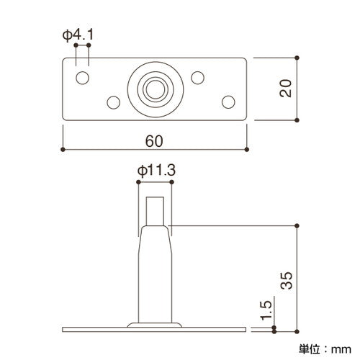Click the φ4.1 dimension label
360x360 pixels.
[78, 35]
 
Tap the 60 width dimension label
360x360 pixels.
[154, 141]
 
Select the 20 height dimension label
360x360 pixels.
[286, 88]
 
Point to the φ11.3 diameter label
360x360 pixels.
[156, 171]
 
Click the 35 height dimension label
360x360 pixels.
[287, 280]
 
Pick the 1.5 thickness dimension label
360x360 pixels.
[266, 310]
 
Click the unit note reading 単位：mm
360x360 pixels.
[325, 349]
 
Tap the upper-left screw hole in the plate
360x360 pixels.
[82, 78]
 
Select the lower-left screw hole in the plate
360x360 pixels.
[113, 102]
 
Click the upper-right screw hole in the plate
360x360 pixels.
[197, 78]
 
